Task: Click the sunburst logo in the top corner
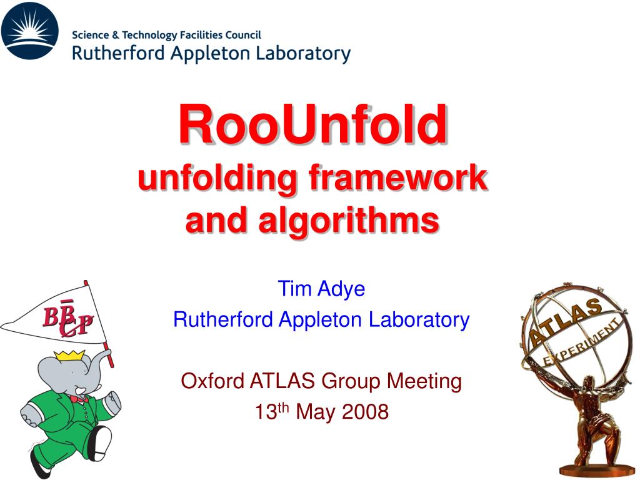[30, 31]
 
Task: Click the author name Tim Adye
[321, 289]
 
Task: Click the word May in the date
[313, 412]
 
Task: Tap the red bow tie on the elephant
[79, 398]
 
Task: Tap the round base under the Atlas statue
[587, 469]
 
